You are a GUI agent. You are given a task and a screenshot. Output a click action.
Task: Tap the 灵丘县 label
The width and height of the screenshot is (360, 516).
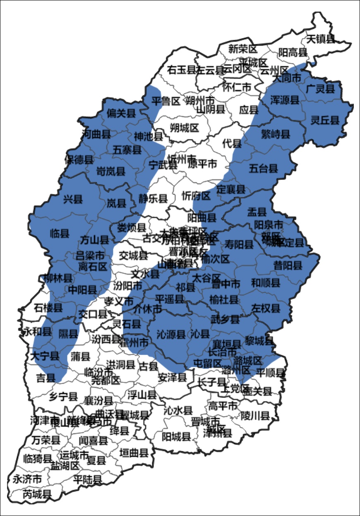coord(325,120)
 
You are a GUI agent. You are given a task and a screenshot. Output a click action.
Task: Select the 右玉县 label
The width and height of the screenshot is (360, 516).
coord(181,70)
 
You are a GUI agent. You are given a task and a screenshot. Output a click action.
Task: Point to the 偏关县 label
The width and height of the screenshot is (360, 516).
coord(121,113)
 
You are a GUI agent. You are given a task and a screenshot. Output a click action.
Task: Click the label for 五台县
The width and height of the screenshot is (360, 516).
coord(263,168)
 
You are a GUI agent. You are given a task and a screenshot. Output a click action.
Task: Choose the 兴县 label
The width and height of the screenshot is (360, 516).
coord(73,200)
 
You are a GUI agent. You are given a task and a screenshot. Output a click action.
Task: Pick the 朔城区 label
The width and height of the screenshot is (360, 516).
coord(185,128)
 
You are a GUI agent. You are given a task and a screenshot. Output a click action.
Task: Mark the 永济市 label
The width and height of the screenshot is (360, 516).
coord(27,479)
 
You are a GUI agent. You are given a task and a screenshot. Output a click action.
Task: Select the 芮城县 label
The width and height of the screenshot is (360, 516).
coord(37,494)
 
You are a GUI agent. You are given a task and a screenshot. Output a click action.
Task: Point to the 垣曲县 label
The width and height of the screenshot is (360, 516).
coord(134,453)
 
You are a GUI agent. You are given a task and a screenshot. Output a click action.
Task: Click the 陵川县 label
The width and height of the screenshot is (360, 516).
coord(255,415)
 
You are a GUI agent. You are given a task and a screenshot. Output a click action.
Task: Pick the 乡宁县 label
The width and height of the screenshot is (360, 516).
coord(63,397)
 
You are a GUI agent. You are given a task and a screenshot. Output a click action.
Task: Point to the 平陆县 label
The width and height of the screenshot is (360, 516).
coord(87,480)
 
